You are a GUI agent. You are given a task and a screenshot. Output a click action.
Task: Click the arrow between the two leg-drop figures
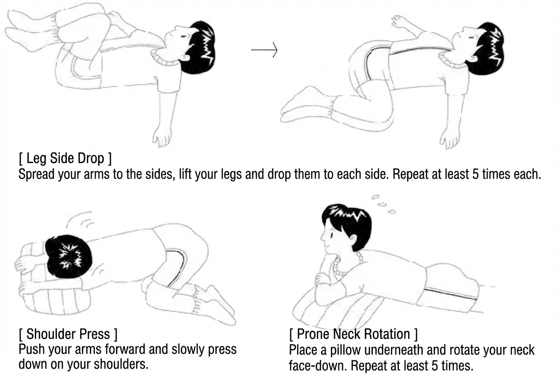point(264,50)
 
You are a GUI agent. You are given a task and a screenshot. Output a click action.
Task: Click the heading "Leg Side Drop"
point(65,158)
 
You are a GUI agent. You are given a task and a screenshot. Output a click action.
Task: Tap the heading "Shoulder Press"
point(68,334)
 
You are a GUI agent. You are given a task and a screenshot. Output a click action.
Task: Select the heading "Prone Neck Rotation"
point(353,334)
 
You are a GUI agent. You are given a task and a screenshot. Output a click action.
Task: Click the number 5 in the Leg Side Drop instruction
point(475,174)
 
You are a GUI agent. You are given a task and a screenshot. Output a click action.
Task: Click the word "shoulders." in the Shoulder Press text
point(121,364)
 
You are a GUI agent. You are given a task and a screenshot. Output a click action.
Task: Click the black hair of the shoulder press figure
point(68,256)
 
